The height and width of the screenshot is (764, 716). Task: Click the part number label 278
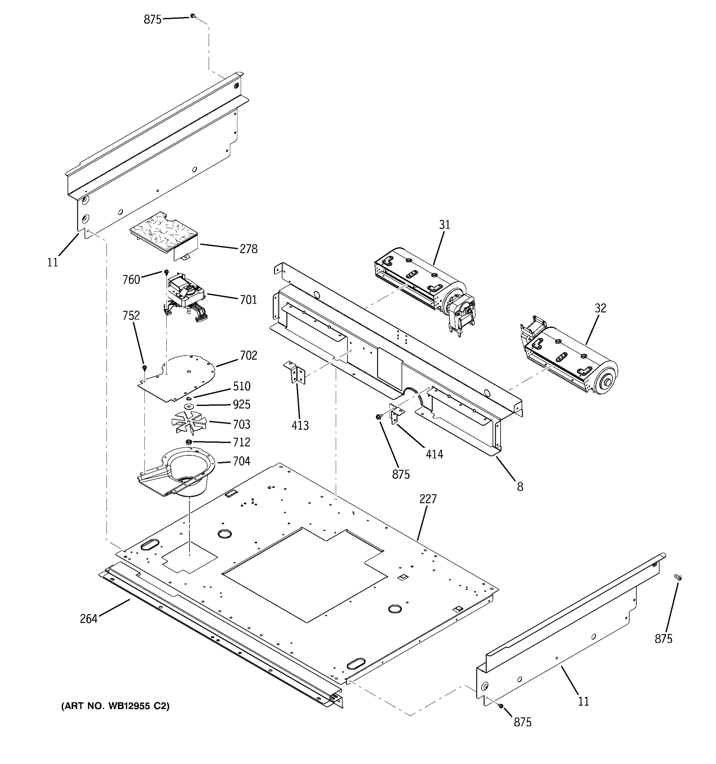click(248, 249)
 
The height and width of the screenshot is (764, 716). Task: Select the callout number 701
click(248, 300)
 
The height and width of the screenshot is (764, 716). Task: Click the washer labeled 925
click(189, 406)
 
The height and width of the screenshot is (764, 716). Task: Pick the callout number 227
click(427, 499)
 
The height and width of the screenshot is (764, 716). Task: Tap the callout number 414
click(434, 454)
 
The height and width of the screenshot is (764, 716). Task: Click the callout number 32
click(600, 308)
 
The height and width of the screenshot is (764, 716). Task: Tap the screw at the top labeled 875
click(193, 16)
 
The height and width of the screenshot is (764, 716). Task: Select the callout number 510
click(241, 386)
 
